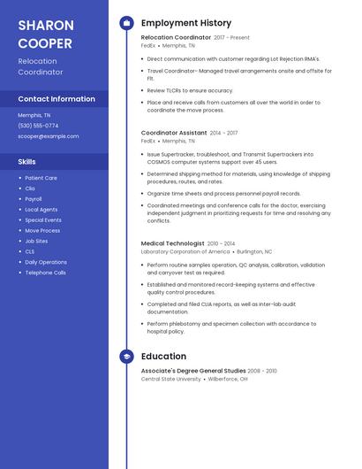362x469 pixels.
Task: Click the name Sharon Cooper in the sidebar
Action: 46,33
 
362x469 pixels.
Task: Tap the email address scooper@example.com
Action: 49,136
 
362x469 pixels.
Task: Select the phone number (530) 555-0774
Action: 38,126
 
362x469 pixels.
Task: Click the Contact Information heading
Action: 57,99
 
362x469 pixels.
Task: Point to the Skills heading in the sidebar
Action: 27,162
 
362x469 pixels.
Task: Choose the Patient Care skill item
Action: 41,178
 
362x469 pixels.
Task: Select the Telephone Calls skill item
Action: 45,273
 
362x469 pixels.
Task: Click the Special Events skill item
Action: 43,219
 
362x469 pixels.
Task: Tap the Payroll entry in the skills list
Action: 34,199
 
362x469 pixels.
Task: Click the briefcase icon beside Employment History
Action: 127,23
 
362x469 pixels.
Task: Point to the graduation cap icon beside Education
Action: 127,357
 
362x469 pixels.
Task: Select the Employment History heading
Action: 186,23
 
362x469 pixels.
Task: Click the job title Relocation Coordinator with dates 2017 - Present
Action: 176,38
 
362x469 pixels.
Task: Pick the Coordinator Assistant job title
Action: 174,133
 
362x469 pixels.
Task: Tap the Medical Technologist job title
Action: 172,243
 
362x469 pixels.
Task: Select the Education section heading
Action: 163,357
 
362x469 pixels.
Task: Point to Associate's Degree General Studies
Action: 193,371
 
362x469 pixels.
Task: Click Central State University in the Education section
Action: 171,379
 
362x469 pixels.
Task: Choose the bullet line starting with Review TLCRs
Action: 190,90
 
